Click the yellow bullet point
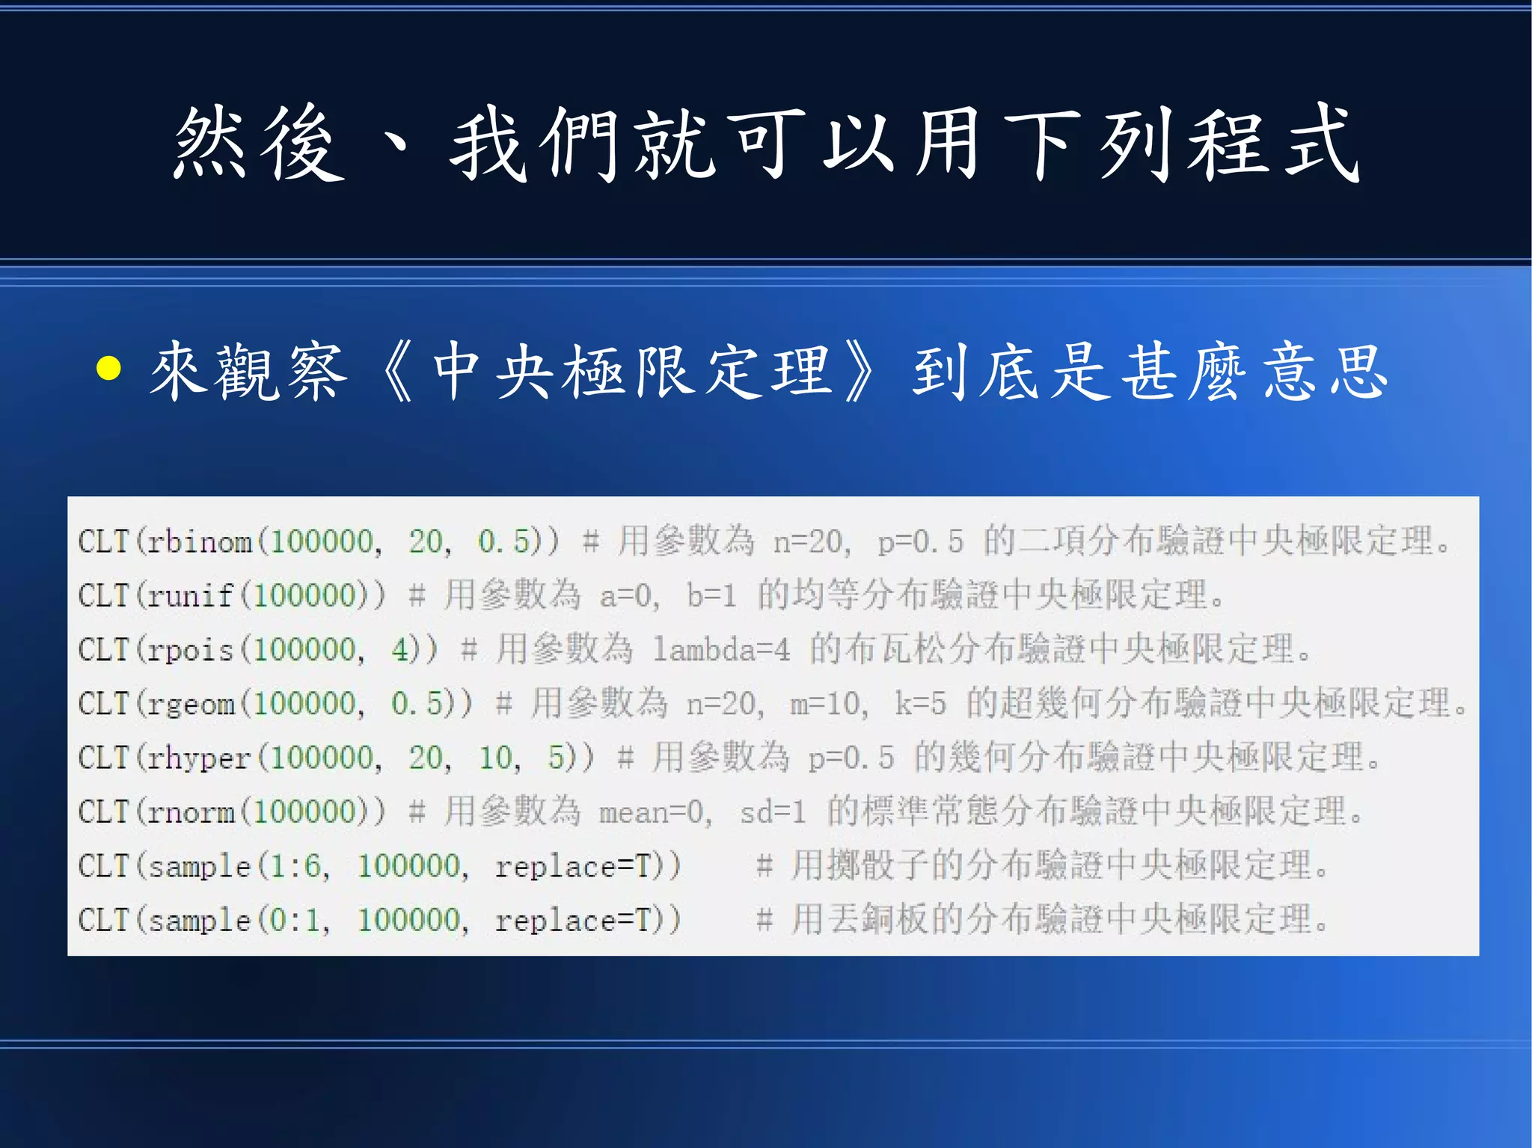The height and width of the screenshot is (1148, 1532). (109, 368)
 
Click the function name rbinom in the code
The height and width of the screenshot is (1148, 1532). (200, 541)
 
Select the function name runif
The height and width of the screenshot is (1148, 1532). (190, 596)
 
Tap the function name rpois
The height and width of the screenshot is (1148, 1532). (190, 650)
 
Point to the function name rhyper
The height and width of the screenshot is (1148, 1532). (199, 758)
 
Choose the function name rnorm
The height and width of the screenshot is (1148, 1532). (191, 812)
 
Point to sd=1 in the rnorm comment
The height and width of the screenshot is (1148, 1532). (773, 812)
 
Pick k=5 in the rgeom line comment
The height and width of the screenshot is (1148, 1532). (920, 704)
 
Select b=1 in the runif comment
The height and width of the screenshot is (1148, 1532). (711, 596)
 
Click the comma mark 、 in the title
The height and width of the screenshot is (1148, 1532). (393, 142)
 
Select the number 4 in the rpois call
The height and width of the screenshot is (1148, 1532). (399, 650)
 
